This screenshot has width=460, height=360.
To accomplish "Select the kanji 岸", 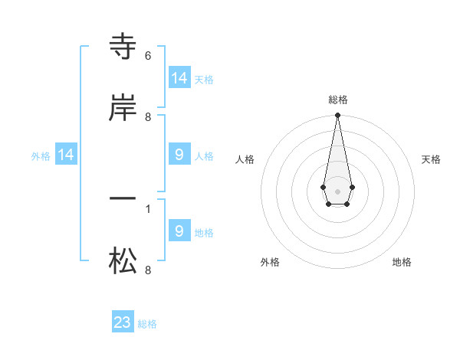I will tap(123, 108).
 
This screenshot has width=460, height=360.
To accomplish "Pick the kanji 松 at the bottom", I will tap(123, 261).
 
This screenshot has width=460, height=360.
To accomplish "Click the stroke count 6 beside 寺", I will tap(147, 56).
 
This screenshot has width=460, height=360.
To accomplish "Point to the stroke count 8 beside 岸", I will tap(147, 117).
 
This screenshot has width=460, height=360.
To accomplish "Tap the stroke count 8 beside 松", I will tap(147, 270).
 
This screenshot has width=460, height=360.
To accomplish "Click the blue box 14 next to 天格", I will tap(179, 77).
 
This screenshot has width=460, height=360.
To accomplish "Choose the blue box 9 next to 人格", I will tap(179, 155).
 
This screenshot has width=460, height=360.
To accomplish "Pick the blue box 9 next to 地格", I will tap(179, 231).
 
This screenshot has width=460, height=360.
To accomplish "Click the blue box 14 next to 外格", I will tap(66, 155).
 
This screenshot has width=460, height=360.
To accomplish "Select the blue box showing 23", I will tap(123, 322).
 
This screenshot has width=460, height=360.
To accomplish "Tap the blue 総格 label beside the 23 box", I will tap(147, 324).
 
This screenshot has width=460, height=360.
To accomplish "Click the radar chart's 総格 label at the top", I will tap(338, 100).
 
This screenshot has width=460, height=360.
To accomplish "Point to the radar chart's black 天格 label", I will tap(431, 159).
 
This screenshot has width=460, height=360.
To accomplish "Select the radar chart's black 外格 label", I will tap(270, 262).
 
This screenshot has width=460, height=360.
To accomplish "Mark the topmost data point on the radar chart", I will tap(337, 115).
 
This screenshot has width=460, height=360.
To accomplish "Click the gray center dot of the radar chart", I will tap(337, 191).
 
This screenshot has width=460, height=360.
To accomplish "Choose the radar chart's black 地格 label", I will tap(402, 262).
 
